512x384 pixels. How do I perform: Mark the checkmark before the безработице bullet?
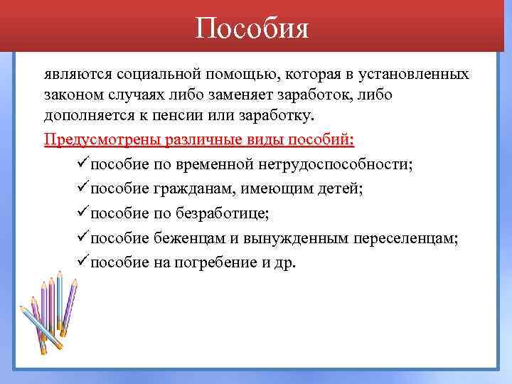point(81,212)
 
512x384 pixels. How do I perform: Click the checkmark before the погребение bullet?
point(81,261)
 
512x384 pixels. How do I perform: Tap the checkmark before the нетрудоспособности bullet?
point(81,163)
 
